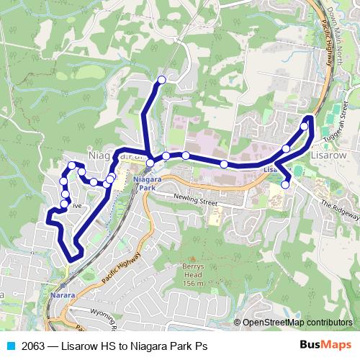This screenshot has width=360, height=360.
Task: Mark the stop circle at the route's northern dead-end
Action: pos(162,79)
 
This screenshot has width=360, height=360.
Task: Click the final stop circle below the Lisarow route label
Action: pos(285,184)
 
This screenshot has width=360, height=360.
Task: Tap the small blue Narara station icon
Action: pos(66,284)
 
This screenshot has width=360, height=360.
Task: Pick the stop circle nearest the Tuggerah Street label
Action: pos(305,126)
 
